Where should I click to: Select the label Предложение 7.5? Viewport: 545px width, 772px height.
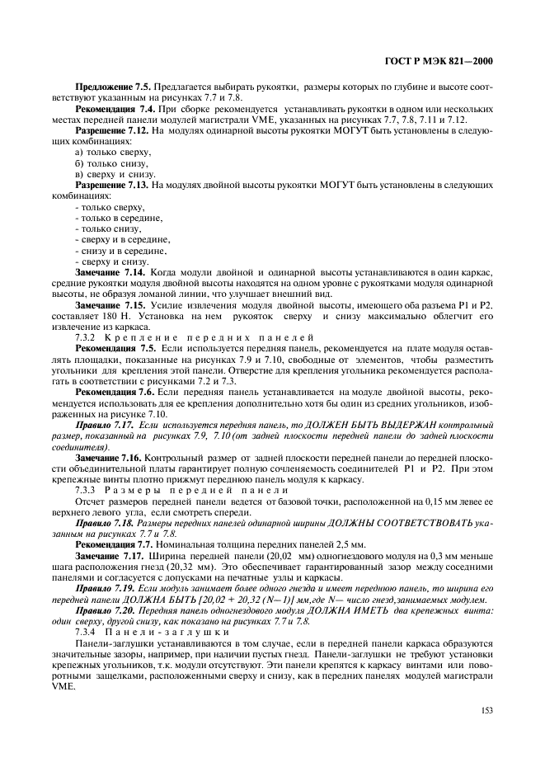pyautogui.click(x=106, y=86)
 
